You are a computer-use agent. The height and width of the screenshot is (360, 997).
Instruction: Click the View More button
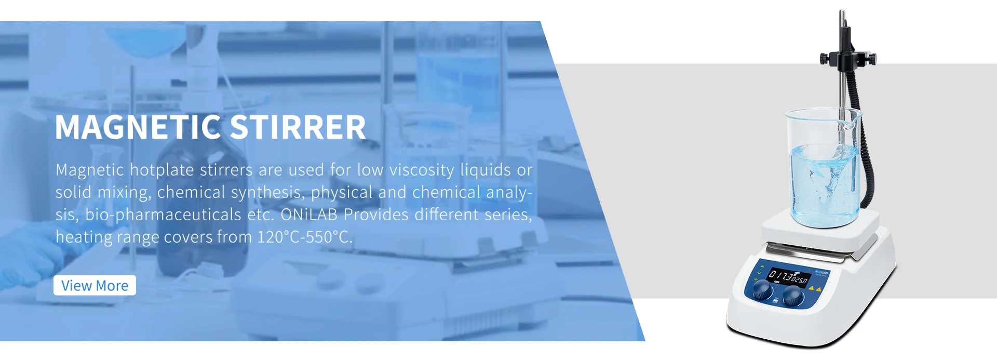click(x=95, y=285)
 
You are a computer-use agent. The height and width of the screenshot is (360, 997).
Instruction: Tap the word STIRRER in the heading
click(x=298, y=127)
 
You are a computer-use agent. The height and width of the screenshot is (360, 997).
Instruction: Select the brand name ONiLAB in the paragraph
click(x=309, y=215)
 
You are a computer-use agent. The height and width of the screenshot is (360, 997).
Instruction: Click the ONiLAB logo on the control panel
click(x=823, y=273)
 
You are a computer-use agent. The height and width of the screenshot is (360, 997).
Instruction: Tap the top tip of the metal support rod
click(x=842, y=10)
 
